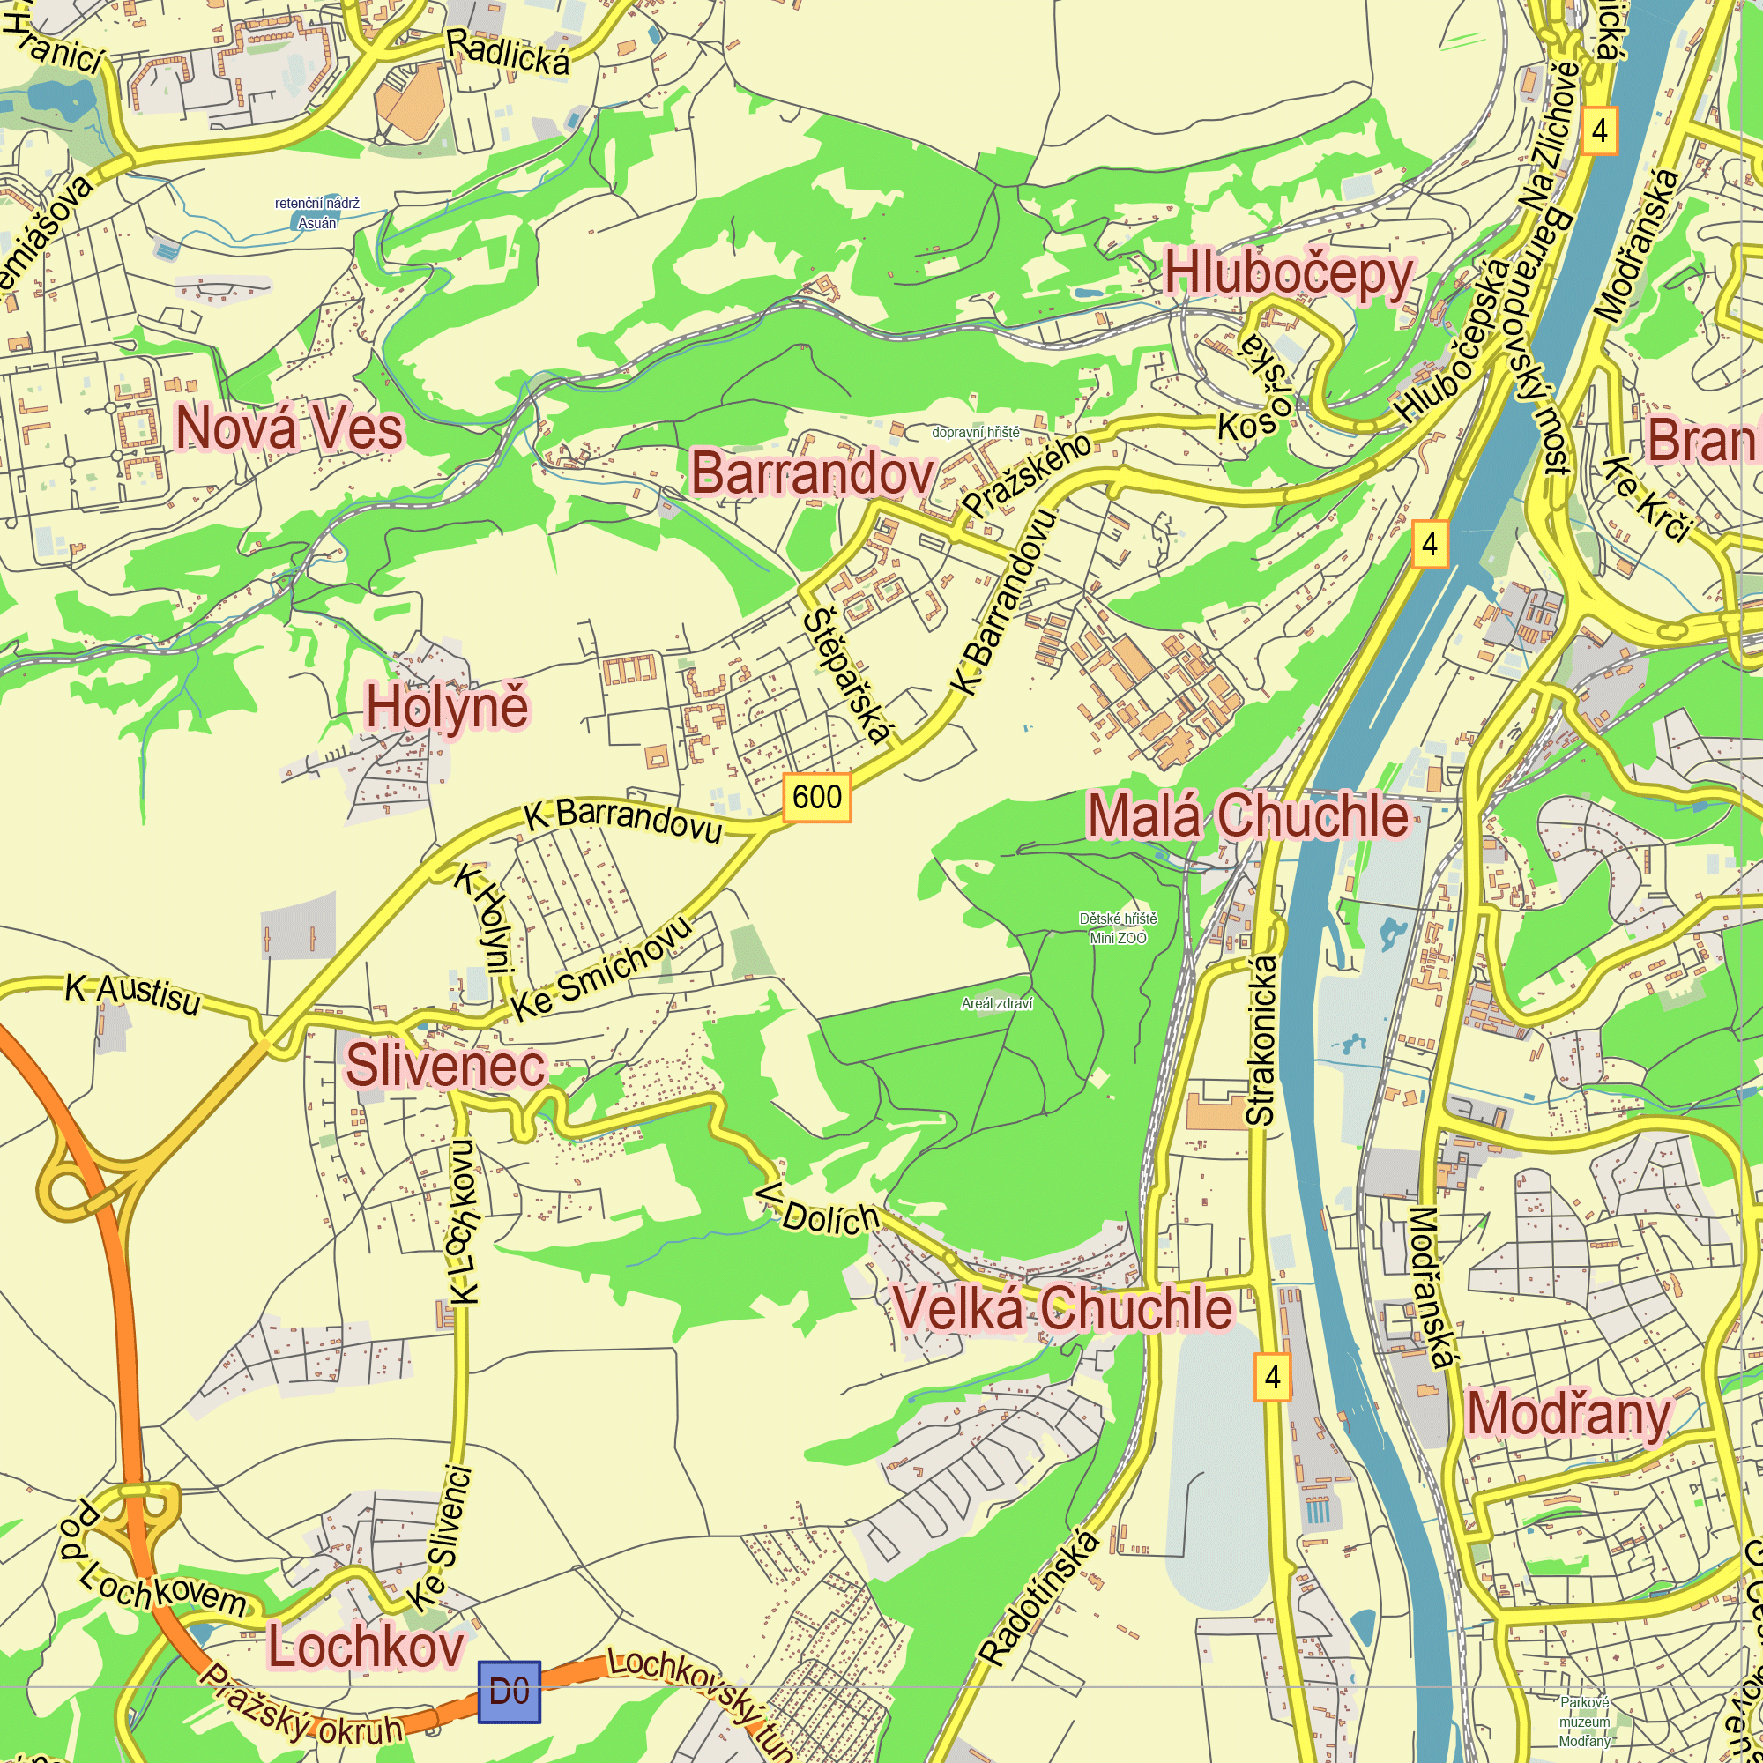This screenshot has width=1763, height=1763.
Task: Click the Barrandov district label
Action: coord(813,473)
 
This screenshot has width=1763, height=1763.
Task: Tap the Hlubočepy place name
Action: coord(1289,274)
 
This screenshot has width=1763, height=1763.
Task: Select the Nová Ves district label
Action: coord(288,428)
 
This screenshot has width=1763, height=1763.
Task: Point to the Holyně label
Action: coord(447,708)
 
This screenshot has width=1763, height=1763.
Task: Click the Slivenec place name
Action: coord(445,1066)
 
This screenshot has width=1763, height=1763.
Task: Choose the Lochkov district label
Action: coord(366,1648)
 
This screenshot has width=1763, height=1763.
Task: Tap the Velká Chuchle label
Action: coord(1062,1307)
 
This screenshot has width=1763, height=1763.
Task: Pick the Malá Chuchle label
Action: coord(1247,815)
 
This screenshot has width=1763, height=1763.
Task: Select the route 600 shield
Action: coord(817,797)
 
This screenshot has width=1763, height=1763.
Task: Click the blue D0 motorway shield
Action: coord(510,1692)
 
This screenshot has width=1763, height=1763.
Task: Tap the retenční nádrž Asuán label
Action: coord(316,212)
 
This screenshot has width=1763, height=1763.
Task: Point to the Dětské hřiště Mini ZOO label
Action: coord(1118,928)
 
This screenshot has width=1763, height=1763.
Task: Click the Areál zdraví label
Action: coord(996,1004)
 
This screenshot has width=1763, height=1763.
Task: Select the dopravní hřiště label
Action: coord(976,433)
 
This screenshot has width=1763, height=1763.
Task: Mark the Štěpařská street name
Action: coord(847,675)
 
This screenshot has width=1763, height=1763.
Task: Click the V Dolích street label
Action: coord(819,1212)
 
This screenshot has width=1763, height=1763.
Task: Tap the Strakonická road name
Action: coord(1261,1039)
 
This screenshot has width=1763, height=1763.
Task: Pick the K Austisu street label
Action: coord(132,994)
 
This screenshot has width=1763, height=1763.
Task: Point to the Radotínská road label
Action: coord(1038,1597)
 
